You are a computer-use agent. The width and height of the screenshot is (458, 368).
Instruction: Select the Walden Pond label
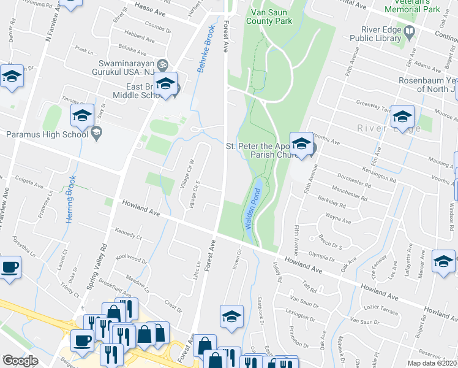[x=251, y=210]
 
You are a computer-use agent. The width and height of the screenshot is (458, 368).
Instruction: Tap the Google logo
[x=20, y=361]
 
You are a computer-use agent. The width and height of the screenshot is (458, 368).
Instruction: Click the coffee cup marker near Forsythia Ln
[x=10, y=267]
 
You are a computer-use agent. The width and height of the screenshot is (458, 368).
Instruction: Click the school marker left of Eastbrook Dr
[x=231, y=316]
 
